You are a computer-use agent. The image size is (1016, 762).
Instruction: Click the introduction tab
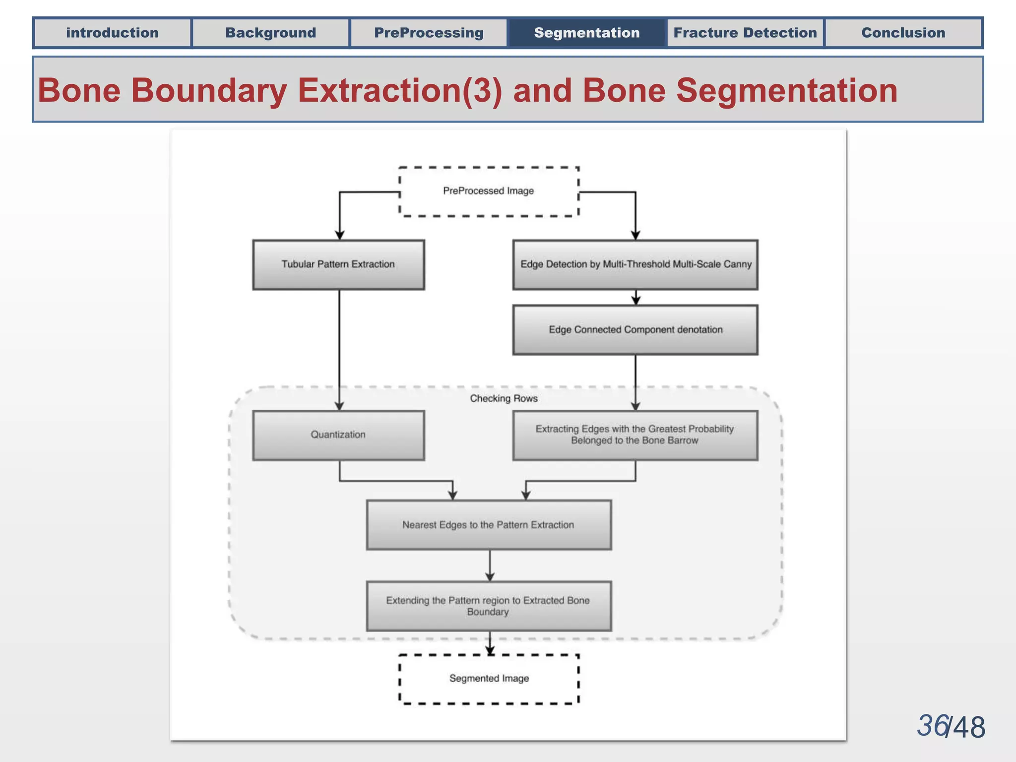[x=112, y=33]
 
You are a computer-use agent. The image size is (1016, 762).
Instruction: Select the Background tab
[x=270, y=33]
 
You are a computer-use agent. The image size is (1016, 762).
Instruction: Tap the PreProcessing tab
[x=429, y=33]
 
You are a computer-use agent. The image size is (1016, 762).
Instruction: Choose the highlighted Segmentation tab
[x=587, y=33]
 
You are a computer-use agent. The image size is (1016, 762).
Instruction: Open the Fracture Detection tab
[x=745, y=33]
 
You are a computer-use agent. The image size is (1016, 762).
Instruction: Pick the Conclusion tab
[x=903, y=33]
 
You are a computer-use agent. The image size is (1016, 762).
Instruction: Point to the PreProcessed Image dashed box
[x=489, y=191]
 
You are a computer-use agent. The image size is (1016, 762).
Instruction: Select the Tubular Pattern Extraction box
[x=338, y=264]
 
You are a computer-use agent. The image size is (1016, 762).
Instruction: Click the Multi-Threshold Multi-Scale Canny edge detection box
[x=635, y=264]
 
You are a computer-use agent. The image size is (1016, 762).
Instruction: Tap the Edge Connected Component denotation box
[x=635, y=330]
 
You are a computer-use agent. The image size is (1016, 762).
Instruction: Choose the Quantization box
[x=338, y=435]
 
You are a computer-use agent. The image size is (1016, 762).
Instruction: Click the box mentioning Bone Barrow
[x=635, y=435]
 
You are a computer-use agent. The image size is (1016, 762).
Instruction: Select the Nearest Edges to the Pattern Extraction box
[x=489, y=525]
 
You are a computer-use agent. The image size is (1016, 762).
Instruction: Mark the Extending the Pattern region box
[x=489, y=606]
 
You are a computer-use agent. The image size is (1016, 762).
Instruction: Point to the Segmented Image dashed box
[x=489, y=679]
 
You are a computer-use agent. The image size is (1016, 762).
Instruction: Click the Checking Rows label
[x=504, y=398]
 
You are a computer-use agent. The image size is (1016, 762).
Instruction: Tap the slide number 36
[x=932, y=726]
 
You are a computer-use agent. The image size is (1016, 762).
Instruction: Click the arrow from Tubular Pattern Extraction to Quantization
[x=339, y=347]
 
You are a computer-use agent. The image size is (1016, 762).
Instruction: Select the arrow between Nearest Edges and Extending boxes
[x=490, y=566]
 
